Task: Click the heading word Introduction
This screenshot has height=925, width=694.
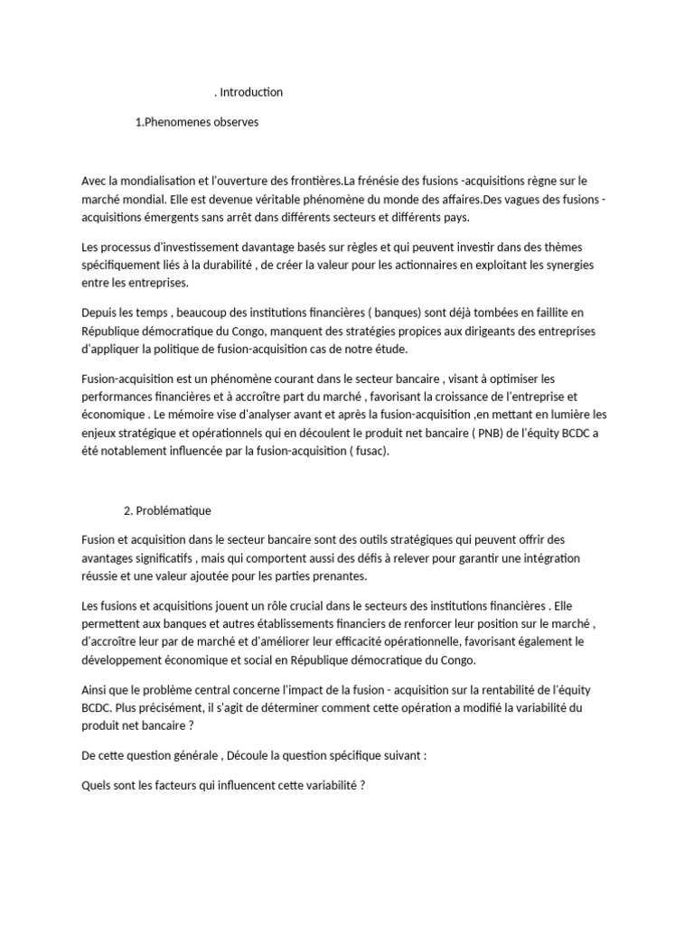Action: (252, 92)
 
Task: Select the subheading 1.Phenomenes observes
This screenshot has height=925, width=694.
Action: (196, 122)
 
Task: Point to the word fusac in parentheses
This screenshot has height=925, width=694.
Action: (366, 451)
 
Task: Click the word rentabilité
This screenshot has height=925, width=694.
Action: (501, 690)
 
